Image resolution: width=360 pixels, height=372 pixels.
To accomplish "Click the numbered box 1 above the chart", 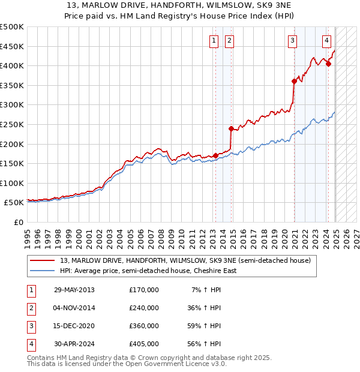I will click(x=214, y=41).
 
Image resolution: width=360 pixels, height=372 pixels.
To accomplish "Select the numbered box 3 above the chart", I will click(x=292, y=41).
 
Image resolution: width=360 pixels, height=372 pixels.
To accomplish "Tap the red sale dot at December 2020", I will click(x=294, y=81).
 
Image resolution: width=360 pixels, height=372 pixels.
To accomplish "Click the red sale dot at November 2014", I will click(x=231, y=128).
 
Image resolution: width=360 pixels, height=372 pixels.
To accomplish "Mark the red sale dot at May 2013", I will click(x=216, y=156).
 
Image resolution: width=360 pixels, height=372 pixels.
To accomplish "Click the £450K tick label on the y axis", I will click(x=12, y=46).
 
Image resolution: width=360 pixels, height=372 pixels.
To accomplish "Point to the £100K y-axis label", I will click(x=12, y=183).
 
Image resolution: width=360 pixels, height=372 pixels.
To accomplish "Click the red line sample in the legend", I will click(x=43, y=261).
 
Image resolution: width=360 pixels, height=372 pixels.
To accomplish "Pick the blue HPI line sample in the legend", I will click(x=43, y=271).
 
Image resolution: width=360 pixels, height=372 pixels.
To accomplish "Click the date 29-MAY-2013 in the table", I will click(x=74, y=290).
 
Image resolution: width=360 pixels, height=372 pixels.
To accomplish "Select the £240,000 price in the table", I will click(x=144, y=308).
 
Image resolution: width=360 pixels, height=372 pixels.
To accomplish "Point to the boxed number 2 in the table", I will click(x=31, y=308).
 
